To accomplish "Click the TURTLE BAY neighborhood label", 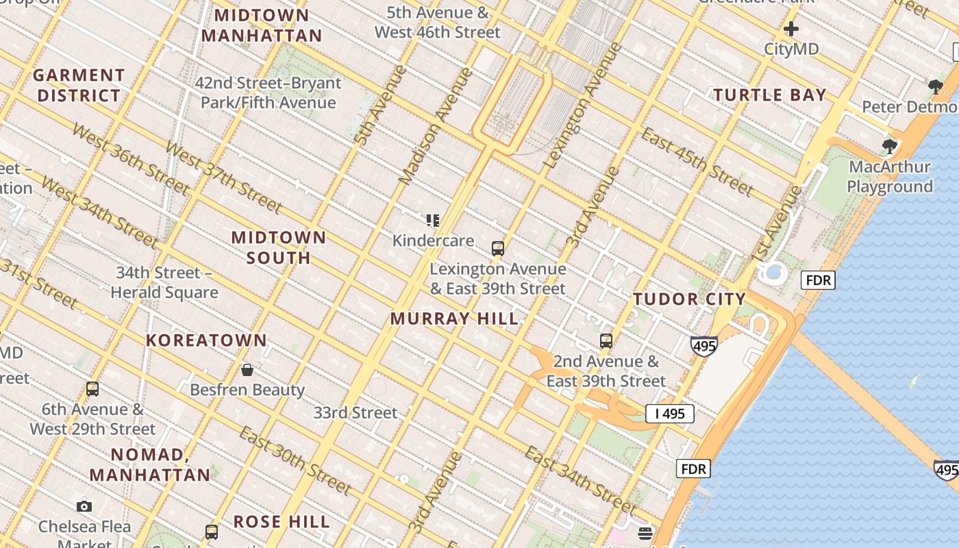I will click(770, 95).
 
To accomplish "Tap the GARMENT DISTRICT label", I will click(79, 86).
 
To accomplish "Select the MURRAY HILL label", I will click(454, 319).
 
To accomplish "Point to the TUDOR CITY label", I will click(689, 299).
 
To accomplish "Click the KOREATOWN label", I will click(206, 340).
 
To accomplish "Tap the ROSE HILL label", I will click(282, 521).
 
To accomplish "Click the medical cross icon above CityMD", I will click(791, 29).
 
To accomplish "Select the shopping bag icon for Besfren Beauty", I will click(247, 370).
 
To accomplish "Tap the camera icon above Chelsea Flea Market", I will click(84, 506).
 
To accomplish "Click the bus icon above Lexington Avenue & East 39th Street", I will click(498, 248).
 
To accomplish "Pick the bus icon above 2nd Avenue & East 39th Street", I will click(606, 340).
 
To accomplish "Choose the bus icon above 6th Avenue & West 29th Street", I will click(92, 389).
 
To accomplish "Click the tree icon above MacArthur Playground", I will click(889, 146).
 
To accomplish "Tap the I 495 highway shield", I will click(670, 414).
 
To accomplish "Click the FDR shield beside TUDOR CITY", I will click(818, 280).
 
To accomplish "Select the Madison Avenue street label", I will click(436, 126).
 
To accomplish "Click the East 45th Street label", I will click(697, 162).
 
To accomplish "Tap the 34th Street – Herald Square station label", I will click(164, 282).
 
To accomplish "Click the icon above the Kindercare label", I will click(432, 220).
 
